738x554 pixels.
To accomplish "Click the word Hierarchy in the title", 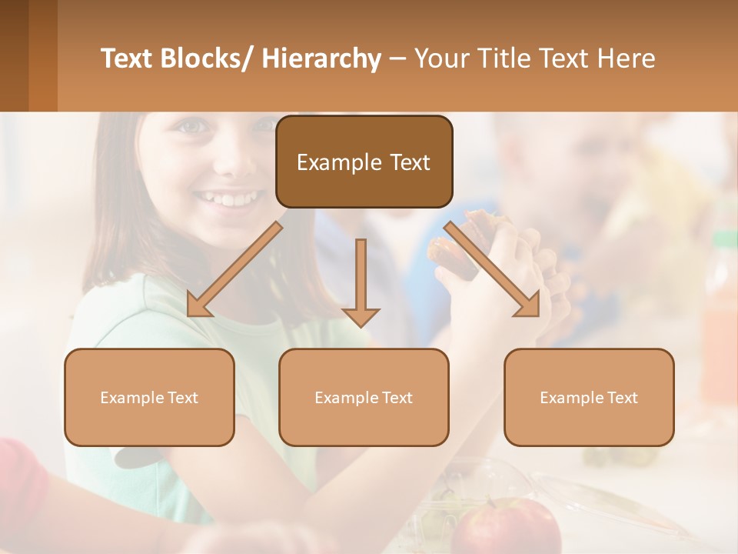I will pyautogui.click(x=321, y=58).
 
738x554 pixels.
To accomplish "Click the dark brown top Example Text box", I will pyautogui.click(x=364, y=162).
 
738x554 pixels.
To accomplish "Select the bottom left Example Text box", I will pyautogui.click(x=149, y=398).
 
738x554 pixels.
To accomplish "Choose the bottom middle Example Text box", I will pyautogui.click(x=364, y=398).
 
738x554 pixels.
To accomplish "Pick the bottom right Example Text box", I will pyautogui.click(x=589, y=398).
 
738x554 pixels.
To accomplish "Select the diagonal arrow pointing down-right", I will pyautogui.click(x=493, y=269).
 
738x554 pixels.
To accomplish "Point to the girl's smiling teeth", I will pyautogui.click(x=227, y=199).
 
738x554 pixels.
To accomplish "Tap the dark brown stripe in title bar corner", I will pyautogui.click(x=14, y=55).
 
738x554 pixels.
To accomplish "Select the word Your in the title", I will pyautogui.click(x=443, y=58).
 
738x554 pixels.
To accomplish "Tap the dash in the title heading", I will pyautogui.click(x=397, y=58).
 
